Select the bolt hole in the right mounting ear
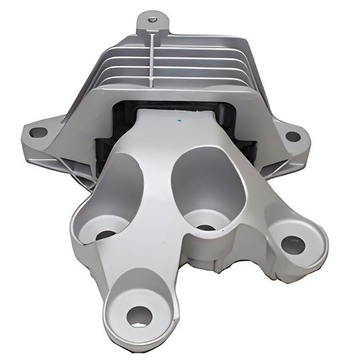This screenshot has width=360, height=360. pyautogui.click(x=292, y=136)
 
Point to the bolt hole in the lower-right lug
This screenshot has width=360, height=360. pyautogui.click(x=293, y=245)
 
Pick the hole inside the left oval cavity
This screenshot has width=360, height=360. pyautogui.click(x=105, y=235)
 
